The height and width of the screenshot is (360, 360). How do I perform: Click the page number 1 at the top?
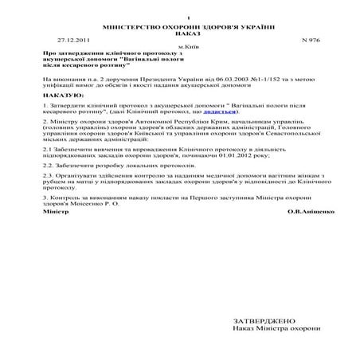pyautogui.click(x=188, y=18)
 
